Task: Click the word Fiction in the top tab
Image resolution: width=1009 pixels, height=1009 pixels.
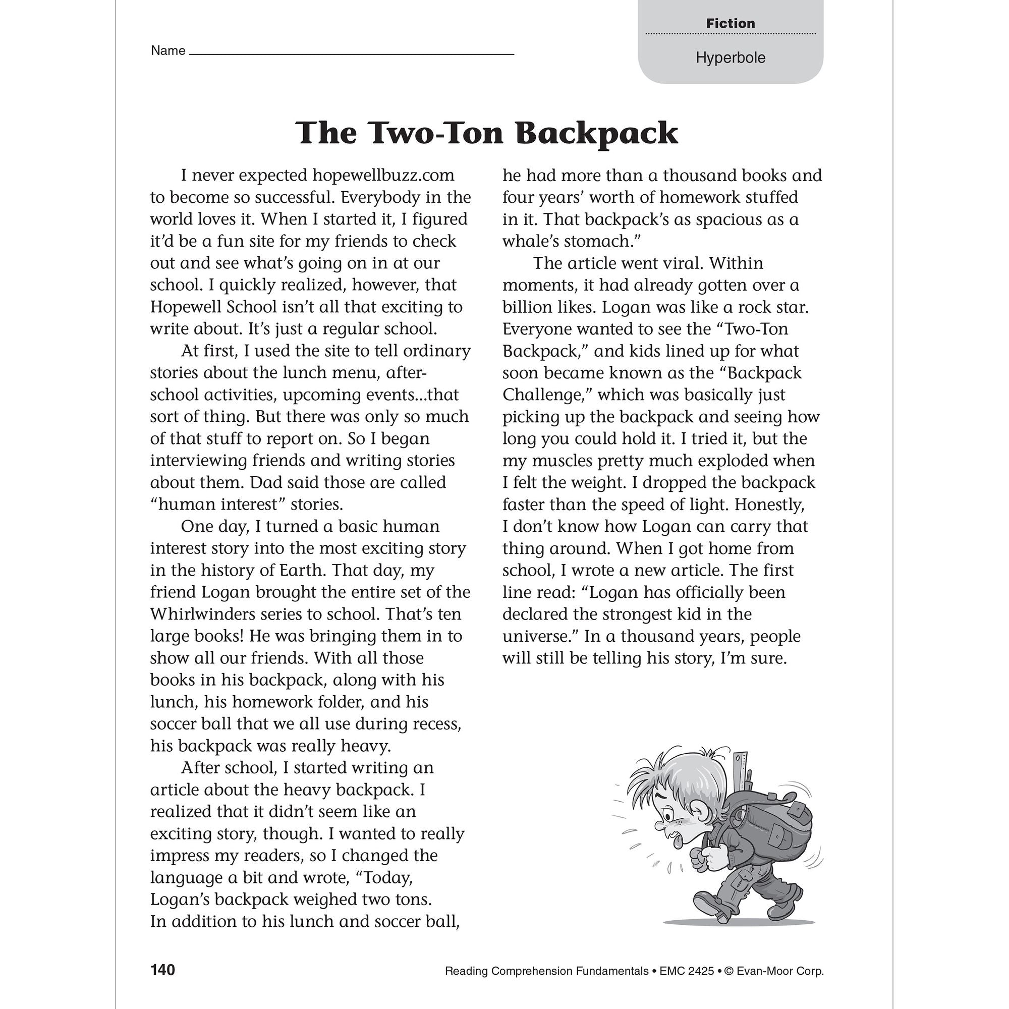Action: click(730, 24)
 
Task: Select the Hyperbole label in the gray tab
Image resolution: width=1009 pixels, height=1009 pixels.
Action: click(730, 58)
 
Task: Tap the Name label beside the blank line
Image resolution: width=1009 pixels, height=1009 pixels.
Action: click(167, 50)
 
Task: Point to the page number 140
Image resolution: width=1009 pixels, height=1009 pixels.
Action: click(162, 970)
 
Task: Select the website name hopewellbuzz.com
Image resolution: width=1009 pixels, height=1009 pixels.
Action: click(383, 175)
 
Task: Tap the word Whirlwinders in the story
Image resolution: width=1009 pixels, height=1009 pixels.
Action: click(203, 613)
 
